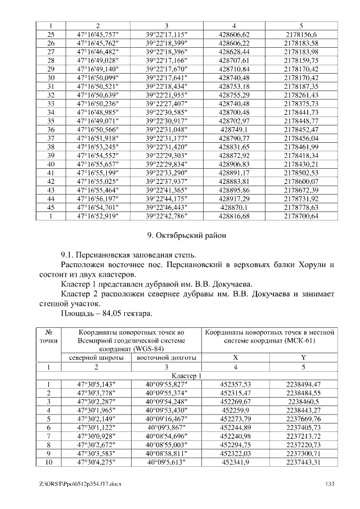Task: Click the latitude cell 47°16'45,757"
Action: coord(97,35)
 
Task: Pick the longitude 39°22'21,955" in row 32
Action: coord(166,95)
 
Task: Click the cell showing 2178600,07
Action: coord(301,182)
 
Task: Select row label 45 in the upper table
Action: coord(51,208)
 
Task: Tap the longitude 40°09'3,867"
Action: coord(166,427)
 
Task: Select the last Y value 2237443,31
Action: coord(303,462)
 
